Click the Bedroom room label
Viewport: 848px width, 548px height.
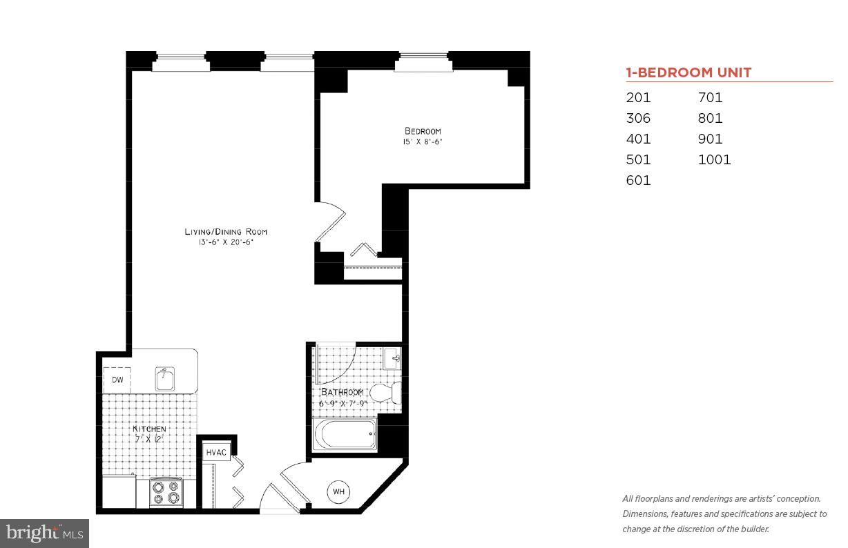coord(423,131)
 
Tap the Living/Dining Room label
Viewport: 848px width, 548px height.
coord(225,232)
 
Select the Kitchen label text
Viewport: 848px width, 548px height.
coord(149,429)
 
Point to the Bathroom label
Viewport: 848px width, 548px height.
coord(341,392)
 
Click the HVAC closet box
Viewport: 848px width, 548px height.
coord(216,452)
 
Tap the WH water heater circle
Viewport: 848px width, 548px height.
coord(338,491)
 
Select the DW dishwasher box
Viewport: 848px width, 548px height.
coord(117,380)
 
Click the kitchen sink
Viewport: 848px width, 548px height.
coord(165,378)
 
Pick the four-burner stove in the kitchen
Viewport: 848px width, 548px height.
coord(166,492)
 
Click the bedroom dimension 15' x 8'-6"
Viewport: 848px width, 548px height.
coord(423,142)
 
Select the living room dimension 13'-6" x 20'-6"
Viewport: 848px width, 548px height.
coord(225,242)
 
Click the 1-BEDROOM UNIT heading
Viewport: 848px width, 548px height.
coord(688,72)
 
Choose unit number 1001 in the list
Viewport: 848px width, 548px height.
coord(714,159)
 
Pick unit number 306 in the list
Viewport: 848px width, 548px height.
coord(638,118)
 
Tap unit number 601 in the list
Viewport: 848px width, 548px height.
coord(638,180)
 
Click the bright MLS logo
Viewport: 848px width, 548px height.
coord(44,533)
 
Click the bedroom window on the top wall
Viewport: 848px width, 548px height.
coord(422,65)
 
